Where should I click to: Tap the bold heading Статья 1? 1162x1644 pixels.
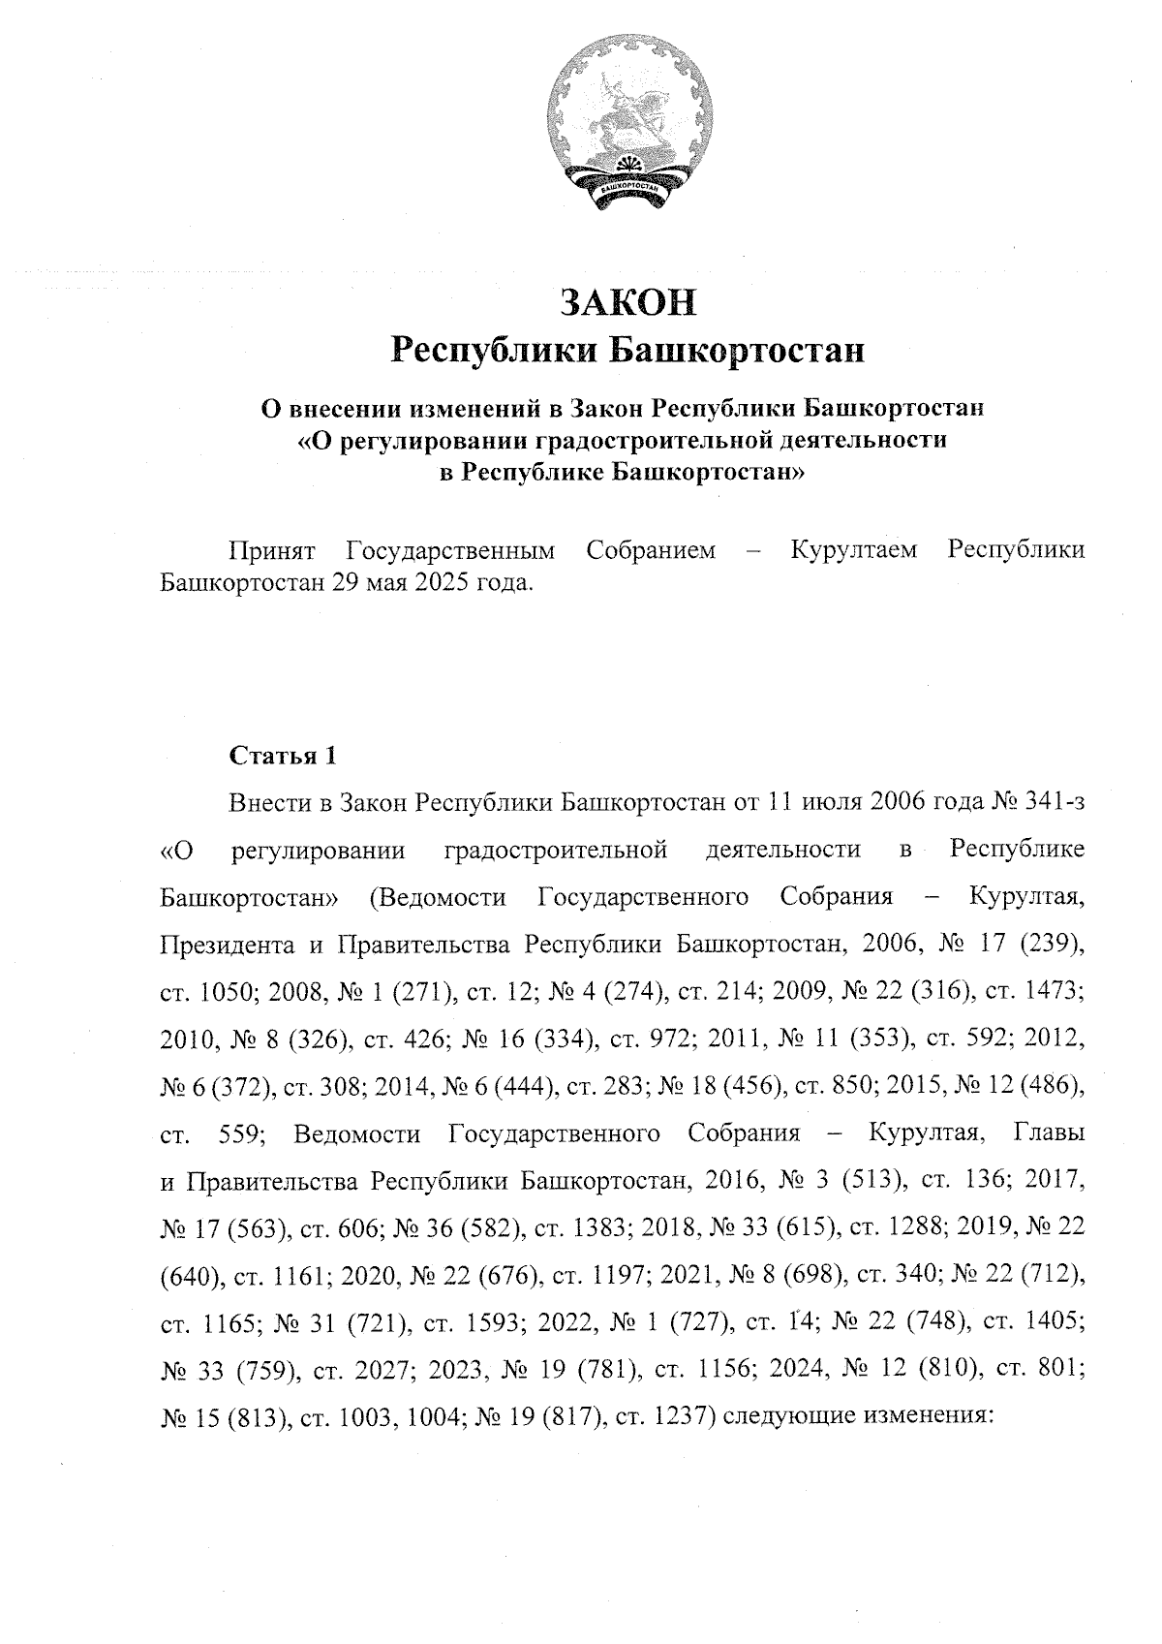click(x=282, y=757)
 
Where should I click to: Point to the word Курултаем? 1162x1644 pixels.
click(x=854, y=551)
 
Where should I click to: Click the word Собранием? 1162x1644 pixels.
click(x=651, y=551)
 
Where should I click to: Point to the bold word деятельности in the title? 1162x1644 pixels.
click(x=857, y=441)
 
